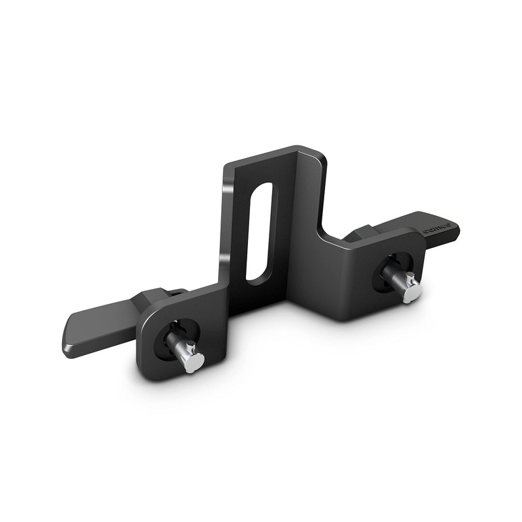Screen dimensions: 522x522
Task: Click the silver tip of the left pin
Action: [x=194, y=361]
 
